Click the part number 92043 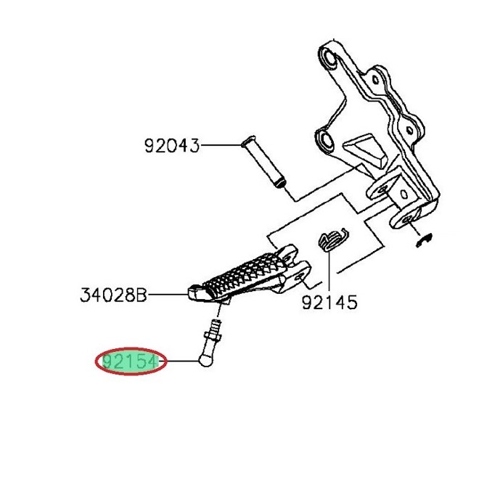(x=172, y=146)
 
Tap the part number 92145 (x=329, y=303)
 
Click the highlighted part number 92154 (x=131, y=362)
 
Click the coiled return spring (x=333, y=239)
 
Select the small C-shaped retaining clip (x=425, y=239)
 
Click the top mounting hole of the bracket (x=330, y=58)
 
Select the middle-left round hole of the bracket (x=324, y=139)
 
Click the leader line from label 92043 (x=221, y=145)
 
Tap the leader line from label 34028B (x=168, y=295)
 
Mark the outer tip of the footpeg (x=190, y=293)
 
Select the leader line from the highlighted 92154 (x=179, y=361)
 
